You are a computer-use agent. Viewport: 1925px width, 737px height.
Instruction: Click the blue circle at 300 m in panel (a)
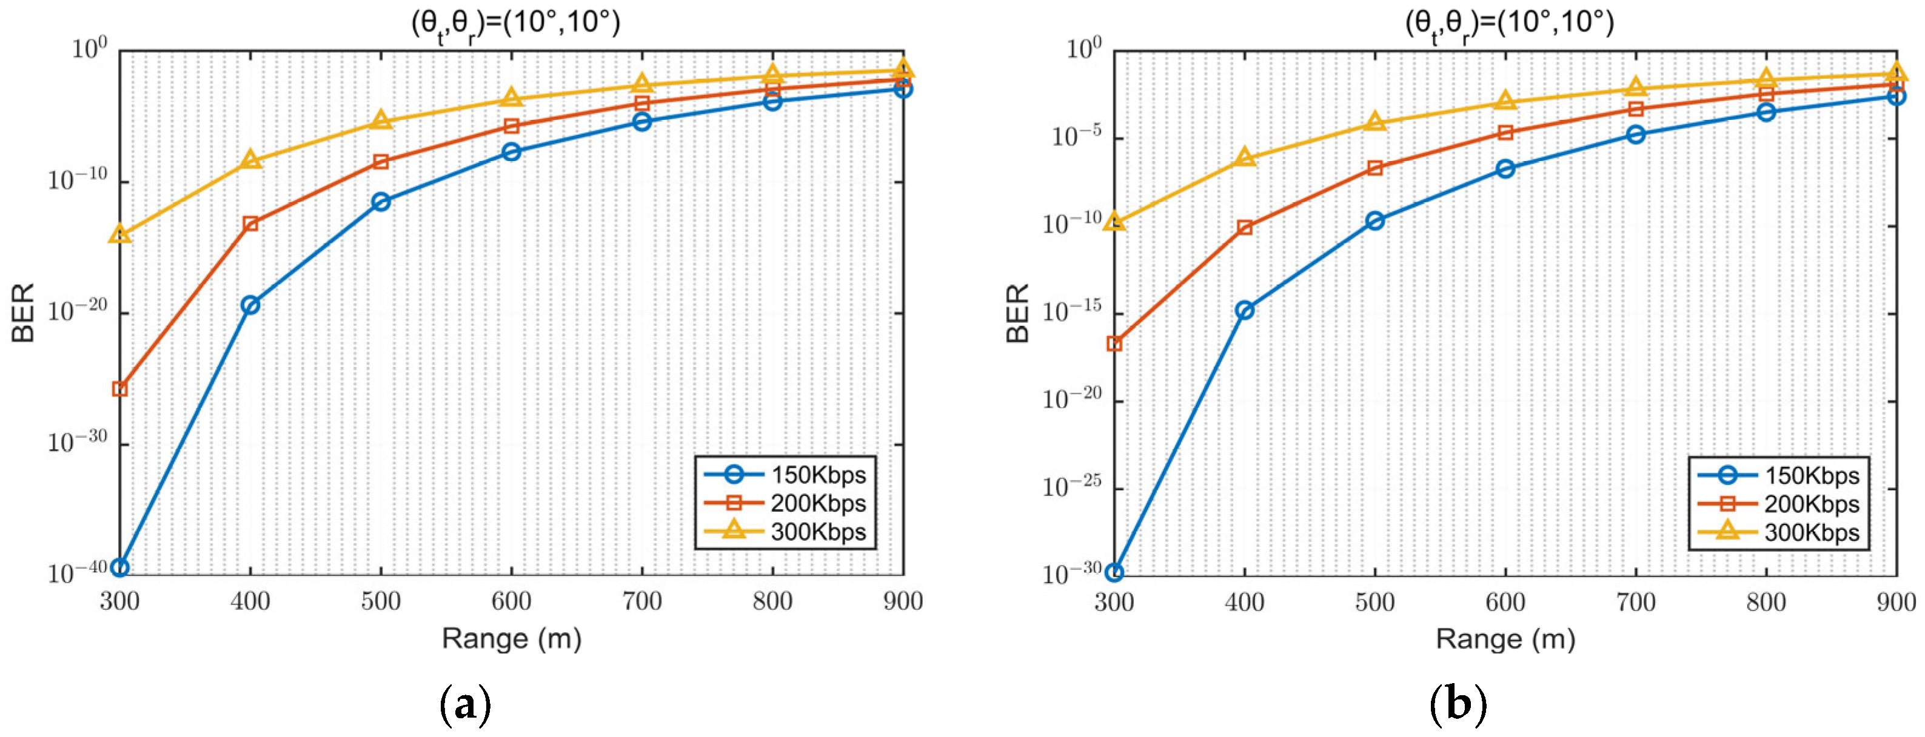pos(119,567)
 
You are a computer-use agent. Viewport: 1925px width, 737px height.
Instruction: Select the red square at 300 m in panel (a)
pos(119,389)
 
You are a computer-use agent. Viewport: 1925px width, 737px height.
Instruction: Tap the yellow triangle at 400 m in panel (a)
pos(250,159)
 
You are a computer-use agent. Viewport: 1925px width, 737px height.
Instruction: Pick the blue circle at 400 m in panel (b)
pos(1244,311)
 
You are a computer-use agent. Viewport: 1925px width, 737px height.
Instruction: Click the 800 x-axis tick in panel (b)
pos(1766,602)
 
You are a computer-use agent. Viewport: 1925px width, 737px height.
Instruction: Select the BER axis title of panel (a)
pos(24,312)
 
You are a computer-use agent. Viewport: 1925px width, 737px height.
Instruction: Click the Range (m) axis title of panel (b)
pos(1505,639)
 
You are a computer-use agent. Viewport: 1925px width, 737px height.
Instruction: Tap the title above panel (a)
pos(515,24)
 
